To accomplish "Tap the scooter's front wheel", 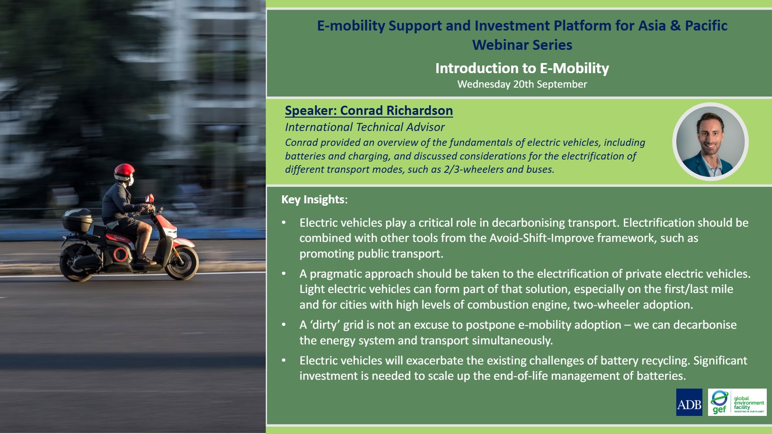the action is coord(182,263).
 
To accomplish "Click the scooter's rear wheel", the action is coord(76,263).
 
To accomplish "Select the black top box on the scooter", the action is coord(77,220).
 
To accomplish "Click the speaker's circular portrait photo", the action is coord(710,142).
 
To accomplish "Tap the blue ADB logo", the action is coord(689,402).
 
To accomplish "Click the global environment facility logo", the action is coord(737,402).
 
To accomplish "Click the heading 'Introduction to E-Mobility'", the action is coord(522,68).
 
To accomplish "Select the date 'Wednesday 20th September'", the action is coord(522,84).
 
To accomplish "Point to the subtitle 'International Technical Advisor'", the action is coord(365,127).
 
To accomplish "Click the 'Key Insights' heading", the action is coord(313,200).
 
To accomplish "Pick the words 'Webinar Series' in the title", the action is coord(522,45).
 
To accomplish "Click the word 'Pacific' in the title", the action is coord(706,26).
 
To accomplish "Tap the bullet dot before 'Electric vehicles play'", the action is coord(284,223).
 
